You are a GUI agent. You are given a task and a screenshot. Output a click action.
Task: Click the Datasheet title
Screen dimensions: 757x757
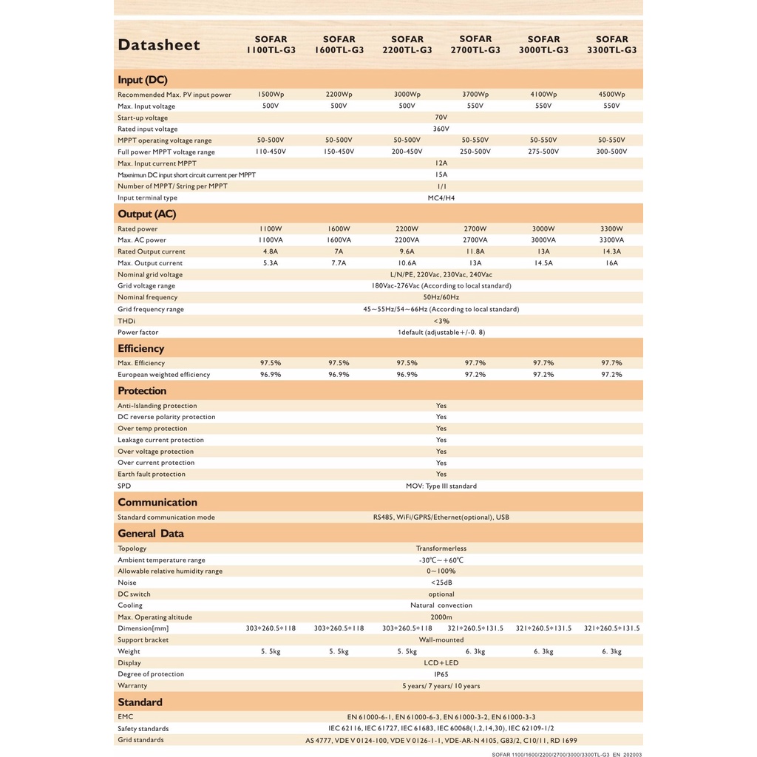tap(159, 45)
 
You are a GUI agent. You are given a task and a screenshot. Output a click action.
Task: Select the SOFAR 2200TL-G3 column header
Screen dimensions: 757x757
tap(407, 44)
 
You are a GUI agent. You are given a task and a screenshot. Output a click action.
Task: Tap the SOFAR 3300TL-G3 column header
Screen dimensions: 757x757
tap(611, 44)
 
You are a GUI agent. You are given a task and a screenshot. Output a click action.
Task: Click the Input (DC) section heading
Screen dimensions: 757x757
tap(143, 80)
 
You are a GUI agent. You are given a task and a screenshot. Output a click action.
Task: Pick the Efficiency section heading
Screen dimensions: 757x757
tap(141, 348)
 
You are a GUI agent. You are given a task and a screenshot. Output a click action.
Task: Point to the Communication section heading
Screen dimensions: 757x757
tap(157, 502)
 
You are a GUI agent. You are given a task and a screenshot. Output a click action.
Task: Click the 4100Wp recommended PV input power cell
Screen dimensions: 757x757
tap(543, 95)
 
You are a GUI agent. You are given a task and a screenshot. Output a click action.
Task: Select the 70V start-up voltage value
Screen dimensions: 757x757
tap(441, 118)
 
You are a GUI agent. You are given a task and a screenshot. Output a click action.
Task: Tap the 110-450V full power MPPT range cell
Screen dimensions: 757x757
tap(271, 152)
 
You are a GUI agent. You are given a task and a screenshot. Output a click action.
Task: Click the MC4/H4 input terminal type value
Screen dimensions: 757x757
tap(441, 197)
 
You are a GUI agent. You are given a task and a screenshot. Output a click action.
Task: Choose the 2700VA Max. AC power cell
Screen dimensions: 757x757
tap(475, 240)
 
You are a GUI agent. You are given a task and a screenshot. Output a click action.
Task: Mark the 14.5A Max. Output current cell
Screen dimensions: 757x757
tap(543, 263)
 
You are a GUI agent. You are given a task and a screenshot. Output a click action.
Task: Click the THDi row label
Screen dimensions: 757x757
tap(126, 321)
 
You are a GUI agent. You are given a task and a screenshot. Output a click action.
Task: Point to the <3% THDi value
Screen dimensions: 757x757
tap(441, 321)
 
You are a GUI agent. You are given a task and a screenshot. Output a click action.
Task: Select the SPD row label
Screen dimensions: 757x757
tap(123, 486)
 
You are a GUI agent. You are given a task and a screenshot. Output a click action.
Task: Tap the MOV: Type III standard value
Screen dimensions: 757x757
tap(441, 486)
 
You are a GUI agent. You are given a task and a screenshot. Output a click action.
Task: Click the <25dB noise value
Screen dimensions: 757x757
tap(441, 583)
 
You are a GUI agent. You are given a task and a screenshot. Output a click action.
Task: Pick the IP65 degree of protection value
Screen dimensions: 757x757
tap(441, 674)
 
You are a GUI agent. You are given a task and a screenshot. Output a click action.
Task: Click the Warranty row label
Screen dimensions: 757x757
tap(132, 685)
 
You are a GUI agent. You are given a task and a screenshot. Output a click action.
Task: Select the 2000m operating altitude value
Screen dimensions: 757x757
tap(441, 617)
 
